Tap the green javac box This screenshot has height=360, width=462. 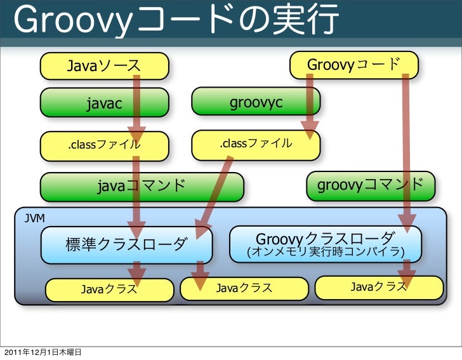pyautogui.click(x=105, y=103)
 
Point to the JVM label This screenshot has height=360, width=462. pyautogui.click(x=34, y=218)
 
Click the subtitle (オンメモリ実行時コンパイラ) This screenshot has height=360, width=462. pyautogui.click(x=325, y=253)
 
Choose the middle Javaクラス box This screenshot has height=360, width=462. pyautogui.click(x=244, y=288)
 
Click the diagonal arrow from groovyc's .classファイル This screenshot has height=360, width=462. pyautogui.click(x=216, y=190)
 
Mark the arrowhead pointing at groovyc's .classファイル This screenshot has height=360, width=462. pyautogui.click(x=310, y=130)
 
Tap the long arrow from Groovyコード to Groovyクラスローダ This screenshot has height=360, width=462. pyautogui.click(x=406, y=146)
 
